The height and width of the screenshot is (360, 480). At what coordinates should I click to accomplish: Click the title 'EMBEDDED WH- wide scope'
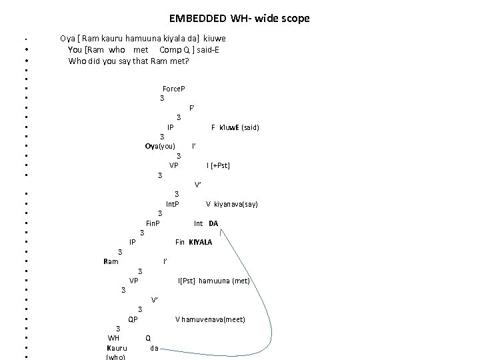pos(239,19)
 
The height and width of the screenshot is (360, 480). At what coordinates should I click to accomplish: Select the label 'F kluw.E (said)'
pos(235,127)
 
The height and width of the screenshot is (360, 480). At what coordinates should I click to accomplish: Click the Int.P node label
pos(172,203)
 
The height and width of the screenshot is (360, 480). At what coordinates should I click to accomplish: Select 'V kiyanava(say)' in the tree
pos(231,204)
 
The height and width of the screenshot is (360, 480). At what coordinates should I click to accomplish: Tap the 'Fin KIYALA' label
pos(193,242)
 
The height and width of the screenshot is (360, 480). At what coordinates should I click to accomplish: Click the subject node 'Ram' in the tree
pos(111,261)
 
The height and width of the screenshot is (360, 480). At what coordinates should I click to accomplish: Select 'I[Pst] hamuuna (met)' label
pos(213,281)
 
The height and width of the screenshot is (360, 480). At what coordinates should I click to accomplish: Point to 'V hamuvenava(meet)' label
pos(210,319)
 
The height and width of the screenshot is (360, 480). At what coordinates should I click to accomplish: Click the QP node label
pos(133,319)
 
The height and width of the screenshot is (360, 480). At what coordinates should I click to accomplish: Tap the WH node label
pos(113,338)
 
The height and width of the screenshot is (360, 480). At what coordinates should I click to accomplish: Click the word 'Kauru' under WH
pos(117,348)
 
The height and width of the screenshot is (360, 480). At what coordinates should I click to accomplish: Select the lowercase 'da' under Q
pos(154,348)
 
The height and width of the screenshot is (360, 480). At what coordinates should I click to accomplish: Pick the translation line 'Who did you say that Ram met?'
pos(129,61)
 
